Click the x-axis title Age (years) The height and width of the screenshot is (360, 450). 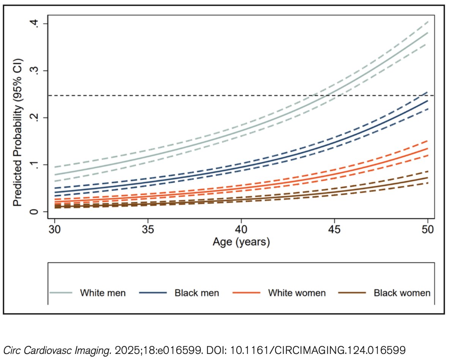(241, 242)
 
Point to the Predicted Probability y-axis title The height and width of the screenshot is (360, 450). (18, 133)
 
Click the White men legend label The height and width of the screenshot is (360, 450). (102, 293)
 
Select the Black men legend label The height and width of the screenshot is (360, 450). (197, 293)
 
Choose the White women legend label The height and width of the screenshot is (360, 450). (297, 293)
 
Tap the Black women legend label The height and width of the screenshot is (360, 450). (402, 293)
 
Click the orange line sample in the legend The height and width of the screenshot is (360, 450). (247, 293)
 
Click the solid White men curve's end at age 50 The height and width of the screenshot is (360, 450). (428, 33)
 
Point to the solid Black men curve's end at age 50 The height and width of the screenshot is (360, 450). (428, 101)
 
